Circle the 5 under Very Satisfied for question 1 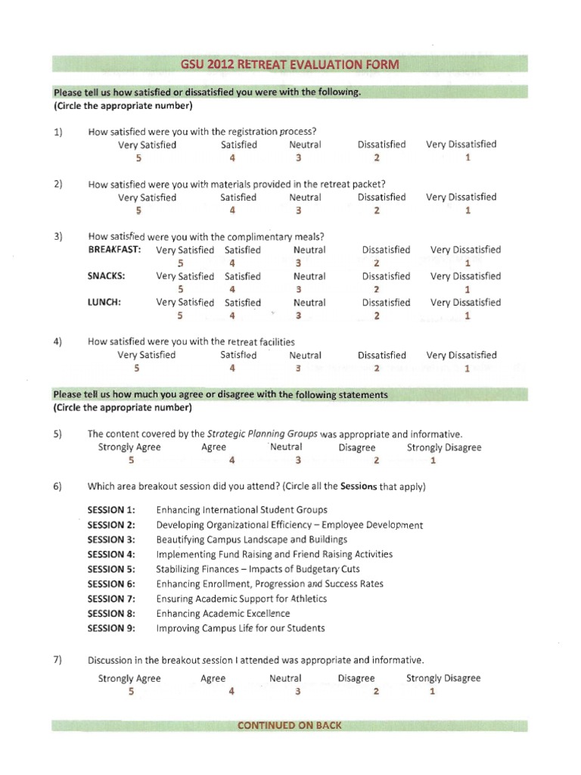pyautogui.click(x=138, y=158)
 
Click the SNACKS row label pyautogui.click(x=107, y=276)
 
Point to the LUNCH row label pyautogui.click(x=105, y=303)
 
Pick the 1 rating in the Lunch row pyautogui.click(x=468, y=316)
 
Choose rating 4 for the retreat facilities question pyautogui.click(x=232, y=369)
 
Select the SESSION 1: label pyautogui.click(x=111, y=510)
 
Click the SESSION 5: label pyautogui.click(x=111, y=569)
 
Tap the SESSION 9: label pyautogui.click(x=111, y=628)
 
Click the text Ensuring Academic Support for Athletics pyautogui.click(x=241, y=599)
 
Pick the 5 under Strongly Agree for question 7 pyautogui.click(x=131, y=692)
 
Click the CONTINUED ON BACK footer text pyautogui.click(x=290, y=725)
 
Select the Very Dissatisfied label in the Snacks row pyautogui.click(x=465, y=276)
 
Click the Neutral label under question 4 pyautogui.click(x=305, y=355)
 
